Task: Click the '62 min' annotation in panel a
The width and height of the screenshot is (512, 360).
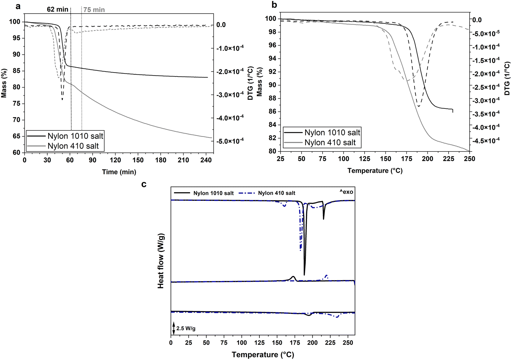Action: click(58, 9)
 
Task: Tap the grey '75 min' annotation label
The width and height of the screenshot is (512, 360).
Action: click(94, 10)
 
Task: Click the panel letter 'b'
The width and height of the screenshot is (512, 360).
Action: click(274, 5)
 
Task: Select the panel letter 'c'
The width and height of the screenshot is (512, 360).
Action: click(144, 184)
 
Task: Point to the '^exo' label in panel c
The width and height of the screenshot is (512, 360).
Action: click(346, 192)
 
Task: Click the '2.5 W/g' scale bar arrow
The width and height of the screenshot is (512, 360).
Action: click(174, 328)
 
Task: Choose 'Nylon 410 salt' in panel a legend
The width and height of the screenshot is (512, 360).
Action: click(73, 146)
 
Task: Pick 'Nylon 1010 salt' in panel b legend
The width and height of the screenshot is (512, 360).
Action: click(332, 133)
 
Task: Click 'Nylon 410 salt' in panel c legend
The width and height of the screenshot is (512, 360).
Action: click(276, 193)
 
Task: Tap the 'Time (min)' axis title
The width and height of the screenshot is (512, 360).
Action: click(119, 172)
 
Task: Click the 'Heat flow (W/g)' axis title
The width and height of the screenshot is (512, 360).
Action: click(161, 261)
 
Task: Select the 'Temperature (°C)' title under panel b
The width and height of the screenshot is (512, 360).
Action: click(375, 171)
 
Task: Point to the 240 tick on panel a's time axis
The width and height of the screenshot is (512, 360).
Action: click(206, 160)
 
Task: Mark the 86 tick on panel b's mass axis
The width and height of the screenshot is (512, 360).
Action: click(272, 112)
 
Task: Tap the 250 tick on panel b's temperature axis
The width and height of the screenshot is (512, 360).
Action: click(469, 159)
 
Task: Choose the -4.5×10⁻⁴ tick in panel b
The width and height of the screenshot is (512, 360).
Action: click(485, 141)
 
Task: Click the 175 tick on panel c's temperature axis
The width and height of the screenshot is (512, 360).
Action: click(294, 343)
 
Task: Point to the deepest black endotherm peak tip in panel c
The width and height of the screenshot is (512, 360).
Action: click(304, 275)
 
